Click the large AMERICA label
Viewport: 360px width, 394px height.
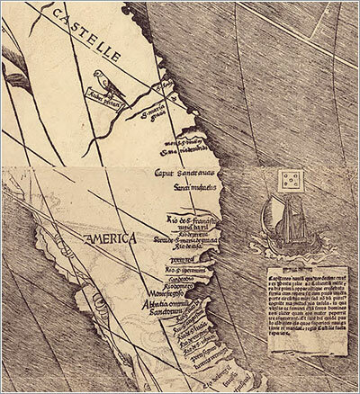tap(106, 238)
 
